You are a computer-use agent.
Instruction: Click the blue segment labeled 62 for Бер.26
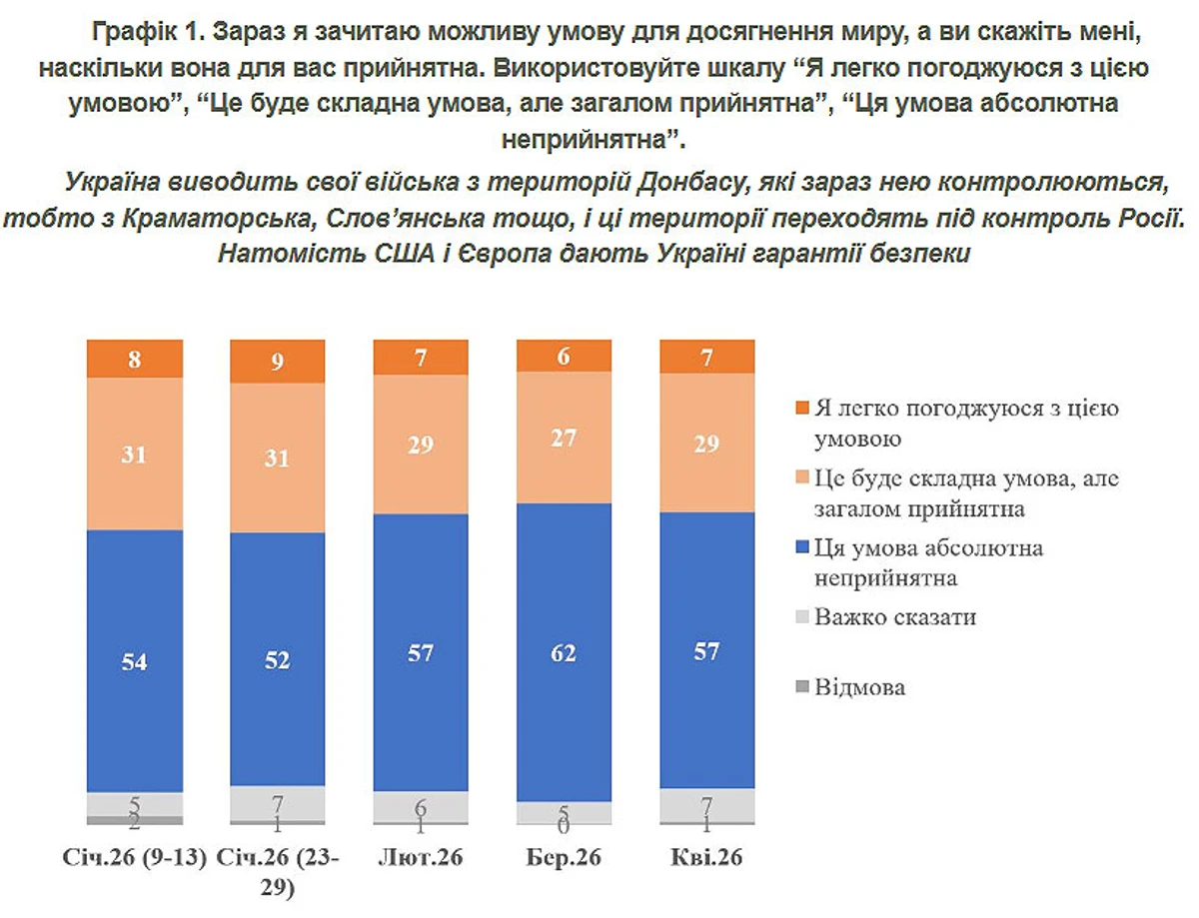point(564,651)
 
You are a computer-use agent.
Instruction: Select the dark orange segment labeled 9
point(278,361)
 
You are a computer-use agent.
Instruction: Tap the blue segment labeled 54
point(135,660)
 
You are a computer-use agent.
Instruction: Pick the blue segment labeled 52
point(278,659)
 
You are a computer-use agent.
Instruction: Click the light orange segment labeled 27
point(564,437)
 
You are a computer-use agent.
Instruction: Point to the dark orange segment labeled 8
point(135,358)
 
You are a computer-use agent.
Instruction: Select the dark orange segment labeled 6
point(564,355)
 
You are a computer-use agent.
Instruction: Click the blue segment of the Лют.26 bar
point(421,651)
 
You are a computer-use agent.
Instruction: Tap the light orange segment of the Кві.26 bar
point(706,443)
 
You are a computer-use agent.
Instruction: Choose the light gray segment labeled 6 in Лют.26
point(421,806)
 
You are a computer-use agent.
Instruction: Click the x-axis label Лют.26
point(421,859)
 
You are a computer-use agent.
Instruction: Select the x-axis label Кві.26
point(706,859)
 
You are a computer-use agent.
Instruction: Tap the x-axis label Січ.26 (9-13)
point(135,859)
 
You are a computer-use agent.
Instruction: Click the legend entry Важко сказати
point(894,617)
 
